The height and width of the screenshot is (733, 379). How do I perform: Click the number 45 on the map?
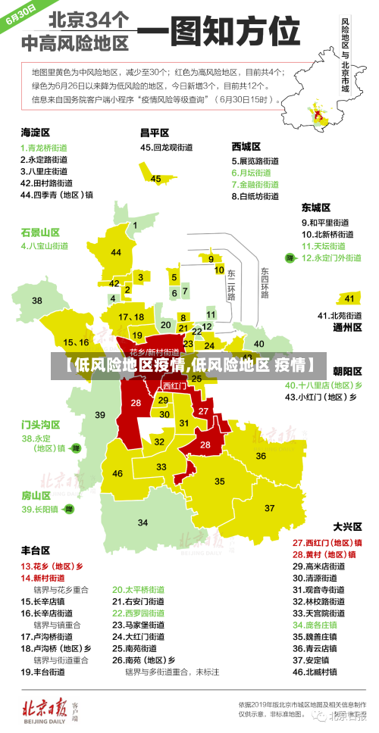coord(156,179)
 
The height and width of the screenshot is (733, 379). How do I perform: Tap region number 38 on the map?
coord(36,301)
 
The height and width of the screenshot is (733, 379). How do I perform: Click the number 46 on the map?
coord(117,473)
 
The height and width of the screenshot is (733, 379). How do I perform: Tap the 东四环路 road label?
coord(265,282)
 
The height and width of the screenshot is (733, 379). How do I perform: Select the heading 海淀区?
coord(35,132)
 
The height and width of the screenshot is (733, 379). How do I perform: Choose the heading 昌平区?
coord(154,132)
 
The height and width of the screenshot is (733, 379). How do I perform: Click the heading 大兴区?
coord(348,526)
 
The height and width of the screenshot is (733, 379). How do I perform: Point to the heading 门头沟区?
coord(40,424)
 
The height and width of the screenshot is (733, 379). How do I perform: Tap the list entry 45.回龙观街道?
coord(166,148)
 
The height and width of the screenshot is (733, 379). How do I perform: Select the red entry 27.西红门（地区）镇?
coord(327,542)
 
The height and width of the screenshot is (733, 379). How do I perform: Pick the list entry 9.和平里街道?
coord(326,223)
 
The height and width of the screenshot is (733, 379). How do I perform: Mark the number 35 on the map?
coord(220,481)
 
